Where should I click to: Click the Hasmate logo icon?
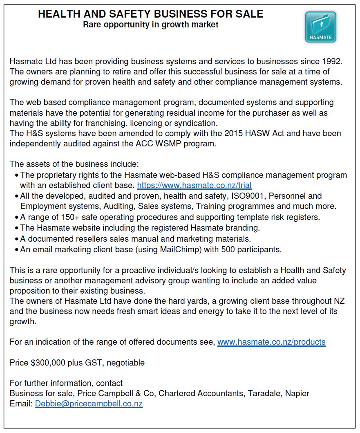pyautogui.click(x=320, y=27)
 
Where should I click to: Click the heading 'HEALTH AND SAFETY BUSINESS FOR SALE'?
pyautogui.click(x=150, y=14)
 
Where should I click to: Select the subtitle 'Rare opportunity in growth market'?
pyautogui.click(x=150, y=25)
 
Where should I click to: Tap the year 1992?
pyautogui.click(x=332, y=62)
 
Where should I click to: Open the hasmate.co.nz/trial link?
pyautogui.click(x=194, y=185)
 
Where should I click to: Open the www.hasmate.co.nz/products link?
pyautogui.click(x=271, y=342)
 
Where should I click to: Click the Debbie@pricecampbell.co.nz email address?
pyautogui.click(x=89, y=404)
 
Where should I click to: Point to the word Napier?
pyautogui.click(x=298, y=393)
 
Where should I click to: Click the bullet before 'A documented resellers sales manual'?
pyautogui.click(x=16, y=239)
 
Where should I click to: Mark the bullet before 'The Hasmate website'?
pyautogui.click(x=16, y=228)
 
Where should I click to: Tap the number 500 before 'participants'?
pyautogui.click(x=229, y=249)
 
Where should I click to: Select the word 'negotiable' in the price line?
pyautogui.click(x=126, y=363)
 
